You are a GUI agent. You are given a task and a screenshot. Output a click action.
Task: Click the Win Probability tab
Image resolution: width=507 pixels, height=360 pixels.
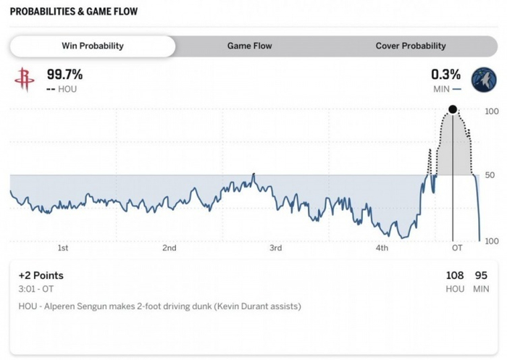(92, 46)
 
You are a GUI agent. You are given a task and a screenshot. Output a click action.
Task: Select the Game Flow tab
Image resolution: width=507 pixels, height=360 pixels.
(249, 46)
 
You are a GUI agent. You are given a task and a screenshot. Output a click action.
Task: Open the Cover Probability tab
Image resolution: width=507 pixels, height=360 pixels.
(411, 46)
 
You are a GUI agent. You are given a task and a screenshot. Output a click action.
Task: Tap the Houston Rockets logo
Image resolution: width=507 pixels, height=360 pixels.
(24, 80)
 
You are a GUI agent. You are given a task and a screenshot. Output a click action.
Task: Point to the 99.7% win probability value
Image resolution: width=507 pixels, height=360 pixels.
(65, 75)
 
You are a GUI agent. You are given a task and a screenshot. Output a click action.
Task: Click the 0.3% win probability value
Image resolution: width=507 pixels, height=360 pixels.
(445, 75)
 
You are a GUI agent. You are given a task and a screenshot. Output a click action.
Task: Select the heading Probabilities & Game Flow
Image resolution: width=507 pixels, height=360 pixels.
(74, 12)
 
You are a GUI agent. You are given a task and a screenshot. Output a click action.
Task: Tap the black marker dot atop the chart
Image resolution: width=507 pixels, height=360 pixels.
(453, 109)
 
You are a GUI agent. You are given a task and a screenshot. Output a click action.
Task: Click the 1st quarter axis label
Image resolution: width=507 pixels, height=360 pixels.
(63, 248)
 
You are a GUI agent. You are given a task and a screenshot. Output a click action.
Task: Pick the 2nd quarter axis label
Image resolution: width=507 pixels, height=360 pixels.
(169, 248)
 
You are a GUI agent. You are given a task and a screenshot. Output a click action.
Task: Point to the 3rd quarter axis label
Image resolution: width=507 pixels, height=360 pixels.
(275, 248)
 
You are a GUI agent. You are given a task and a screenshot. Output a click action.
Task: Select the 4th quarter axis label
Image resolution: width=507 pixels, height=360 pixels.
(382, 248)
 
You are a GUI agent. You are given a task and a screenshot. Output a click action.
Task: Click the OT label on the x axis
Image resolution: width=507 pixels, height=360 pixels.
(457, 248)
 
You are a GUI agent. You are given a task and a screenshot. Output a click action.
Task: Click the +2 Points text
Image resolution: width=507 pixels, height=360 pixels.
(41, 275)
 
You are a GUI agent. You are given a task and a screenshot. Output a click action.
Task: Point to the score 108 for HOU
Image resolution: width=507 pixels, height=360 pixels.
(455, 275)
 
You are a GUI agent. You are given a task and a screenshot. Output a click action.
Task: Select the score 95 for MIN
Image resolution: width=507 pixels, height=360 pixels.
(482, 275)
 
